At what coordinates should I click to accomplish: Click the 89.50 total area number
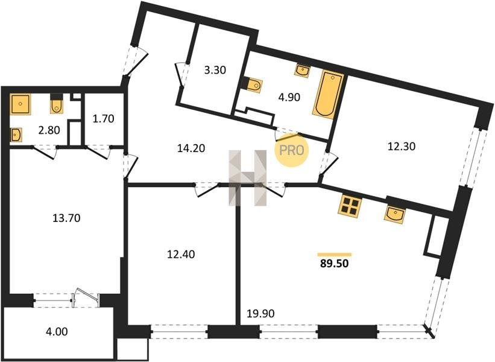point(334,263)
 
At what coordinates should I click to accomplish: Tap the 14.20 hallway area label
point(191,148)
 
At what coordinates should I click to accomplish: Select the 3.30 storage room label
point(215,70)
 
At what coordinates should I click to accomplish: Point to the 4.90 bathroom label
point(289,97)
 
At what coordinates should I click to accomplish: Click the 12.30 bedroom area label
point(401,146)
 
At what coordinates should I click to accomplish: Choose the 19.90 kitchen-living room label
point(260,314)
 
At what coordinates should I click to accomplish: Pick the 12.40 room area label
point(181,254)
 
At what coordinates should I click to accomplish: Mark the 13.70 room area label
point(66,218)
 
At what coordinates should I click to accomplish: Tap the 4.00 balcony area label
point(57,332)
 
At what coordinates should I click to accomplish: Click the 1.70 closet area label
point(103,119)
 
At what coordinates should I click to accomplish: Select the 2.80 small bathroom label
point(49,130)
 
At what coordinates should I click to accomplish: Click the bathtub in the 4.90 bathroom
point(328,95)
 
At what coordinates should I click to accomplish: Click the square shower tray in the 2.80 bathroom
point(20,104)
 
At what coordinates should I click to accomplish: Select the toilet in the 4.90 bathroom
point(254,84)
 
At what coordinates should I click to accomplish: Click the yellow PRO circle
point(291,150)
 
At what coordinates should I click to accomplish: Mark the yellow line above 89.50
point(334,255)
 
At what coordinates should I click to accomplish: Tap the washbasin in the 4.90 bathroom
point(303,71)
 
